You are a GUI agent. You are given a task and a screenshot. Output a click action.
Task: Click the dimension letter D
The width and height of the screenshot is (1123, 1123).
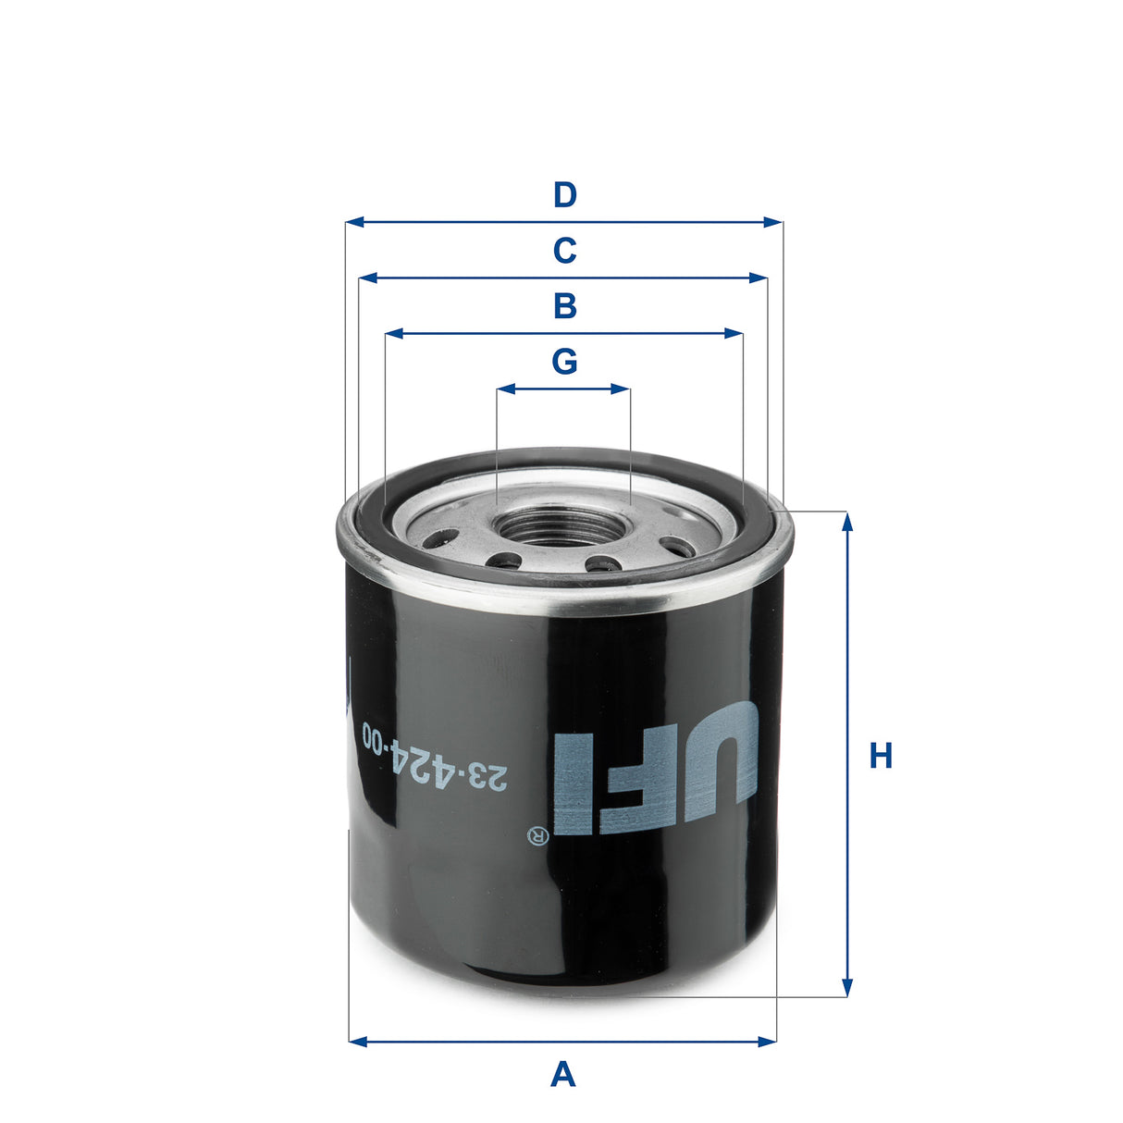(x=564, y=195)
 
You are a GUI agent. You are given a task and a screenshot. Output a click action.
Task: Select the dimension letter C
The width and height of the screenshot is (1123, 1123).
(x=564, y=251)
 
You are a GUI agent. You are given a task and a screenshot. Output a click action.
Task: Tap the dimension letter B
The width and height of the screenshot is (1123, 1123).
(x=564, y=305)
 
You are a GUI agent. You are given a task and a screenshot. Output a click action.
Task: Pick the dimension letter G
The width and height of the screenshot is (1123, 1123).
(x=564, y=362)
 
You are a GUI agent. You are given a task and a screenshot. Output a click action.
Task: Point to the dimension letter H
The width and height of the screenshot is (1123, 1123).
(x=881, y=757)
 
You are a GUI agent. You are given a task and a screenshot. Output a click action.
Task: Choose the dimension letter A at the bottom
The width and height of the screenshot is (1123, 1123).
(x=562, y=1075)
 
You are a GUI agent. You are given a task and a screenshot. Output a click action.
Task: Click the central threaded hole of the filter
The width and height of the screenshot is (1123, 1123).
(x=562, y=525)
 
